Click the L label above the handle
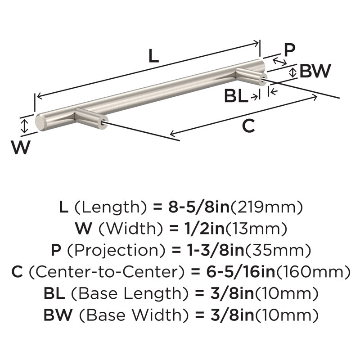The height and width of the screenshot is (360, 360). pyautogui.click(x=153, y=56)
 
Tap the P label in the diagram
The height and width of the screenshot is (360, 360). pyautogui.click(x=289, y=50)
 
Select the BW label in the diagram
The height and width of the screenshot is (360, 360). pyautogui.click(x=315, y=71)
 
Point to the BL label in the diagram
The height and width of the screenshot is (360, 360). pyautogui.click(x=236, y=96)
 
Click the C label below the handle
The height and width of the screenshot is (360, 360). pyautogui.click(x=249, y=126)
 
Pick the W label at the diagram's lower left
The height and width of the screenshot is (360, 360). pyautogui.click(x=21, y=147)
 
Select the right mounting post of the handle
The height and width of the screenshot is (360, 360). pyautogui.click(x=252, y=76)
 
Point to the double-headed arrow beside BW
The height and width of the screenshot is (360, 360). pyautogui.click(x=292, y=72)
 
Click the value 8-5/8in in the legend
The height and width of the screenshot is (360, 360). pyautogui.click(x=199, y=207)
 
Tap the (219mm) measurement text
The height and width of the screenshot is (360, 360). pyautogui.click(x=266, y=207)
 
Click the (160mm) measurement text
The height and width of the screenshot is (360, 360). pyautogui.click(x=313, y=272)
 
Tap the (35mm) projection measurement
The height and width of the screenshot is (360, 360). pyautogui.click(x=278, y=251)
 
